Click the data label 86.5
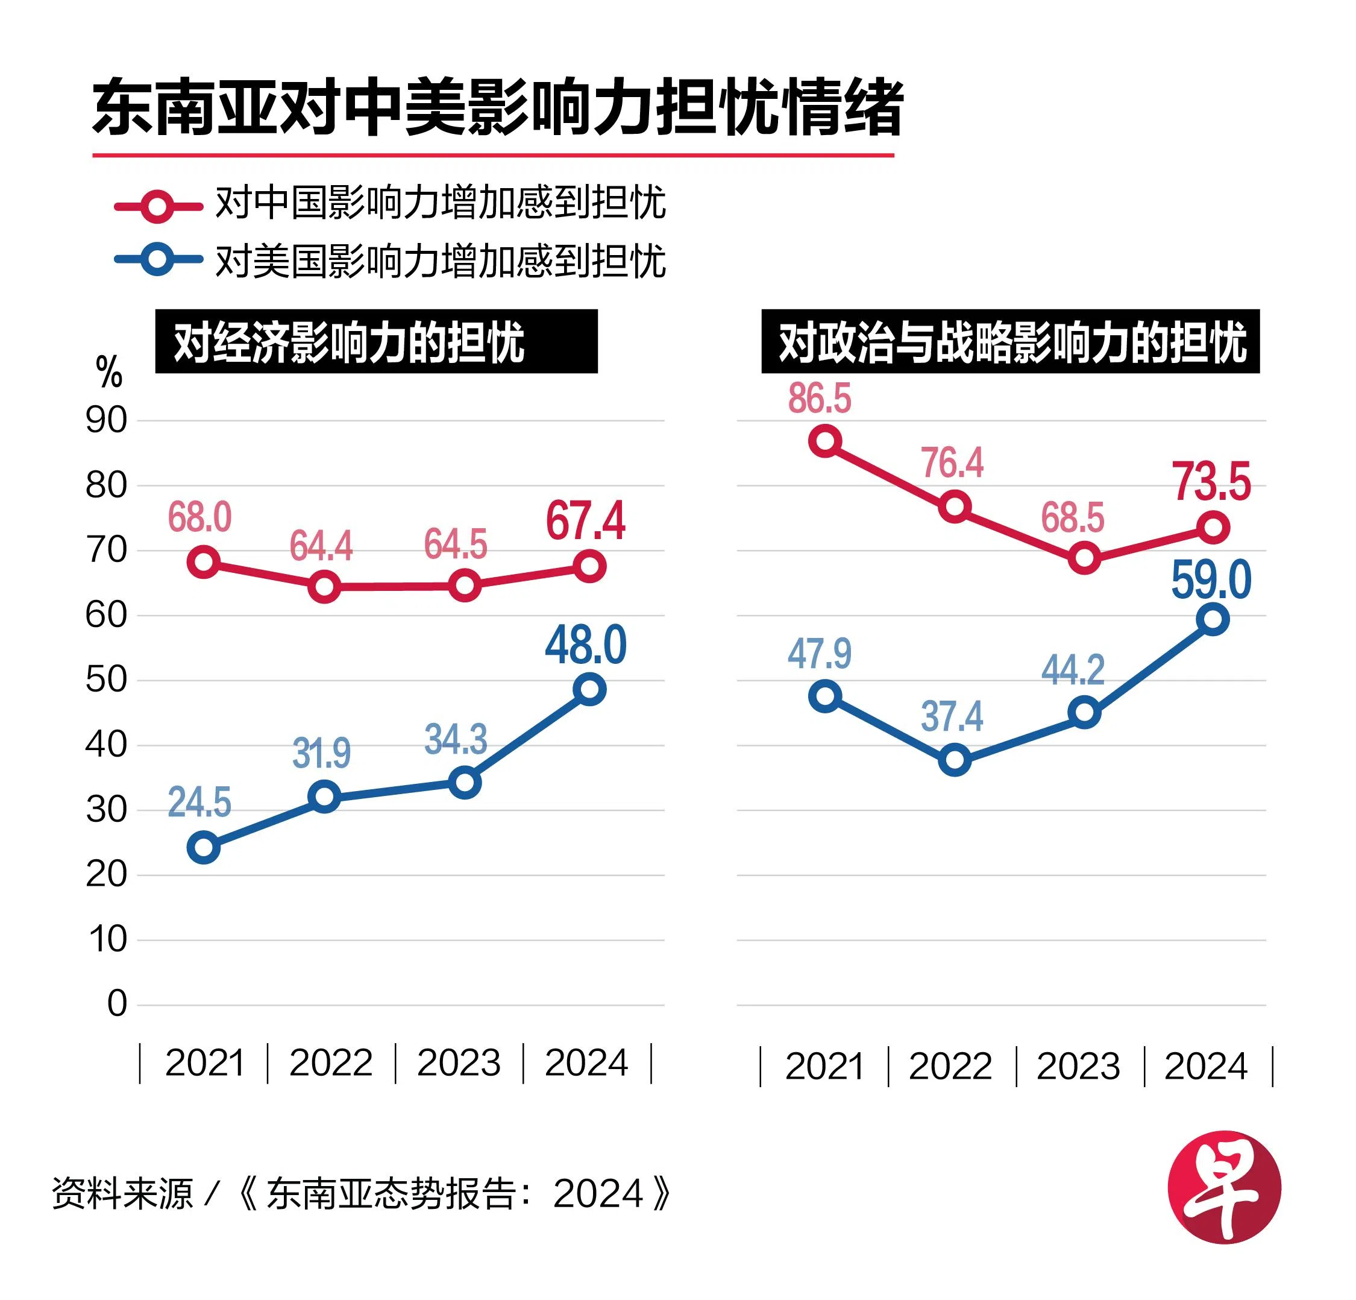[819, 398]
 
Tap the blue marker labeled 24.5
[204, 847]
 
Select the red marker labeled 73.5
[1213, 528]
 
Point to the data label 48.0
[586, 645]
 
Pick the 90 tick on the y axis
[107, 420]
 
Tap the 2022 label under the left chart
[331, 1062]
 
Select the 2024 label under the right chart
[1206, 1066]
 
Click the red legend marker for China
[158, 206]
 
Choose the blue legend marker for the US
[158, 260]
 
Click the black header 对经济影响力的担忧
[375, 341]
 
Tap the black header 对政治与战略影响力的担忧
[1010, 341]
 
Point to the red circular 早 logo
[1224, 1187]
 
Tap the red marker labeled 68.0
[204, 561]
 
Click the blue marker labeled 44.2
[1084, 712]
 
